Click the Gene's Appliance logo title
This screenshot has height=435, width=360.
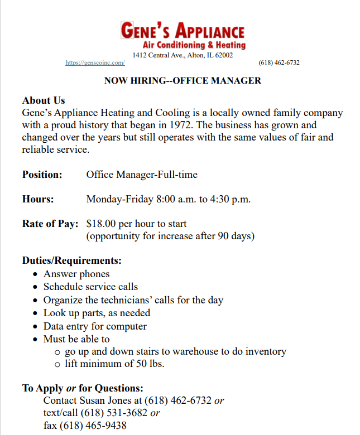183,30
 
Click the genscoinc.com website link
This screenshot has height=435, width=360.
95,63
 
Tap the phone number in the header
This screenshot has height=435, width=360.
279,63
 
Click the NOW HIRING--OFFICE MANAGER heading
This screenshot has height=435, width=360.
183,81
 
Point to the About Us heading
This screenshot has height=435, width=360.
44,100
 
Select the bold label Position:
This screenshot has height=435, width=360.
42,175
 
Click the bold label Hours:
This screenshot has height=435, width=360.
38,199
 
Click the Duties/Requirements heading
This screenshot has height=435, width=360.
72,260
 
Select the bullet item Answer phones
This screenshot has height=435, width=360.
76,274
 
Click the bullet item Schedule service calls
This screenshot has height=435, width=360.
90,287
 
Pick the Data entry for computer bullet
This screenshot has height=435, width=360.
95,326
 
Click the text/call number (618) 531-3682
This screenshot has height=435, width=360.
114,413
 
